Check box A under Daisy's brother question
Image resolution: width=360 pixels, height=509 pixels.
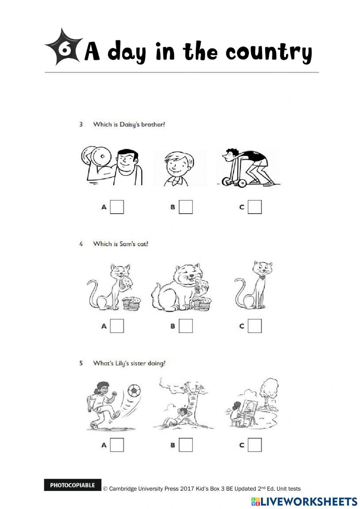coord(117,207)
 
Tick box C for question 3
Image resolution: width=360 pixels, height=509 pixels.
coord(255,207)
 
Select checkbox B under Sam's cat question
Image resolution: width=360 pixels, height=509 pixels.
coord(186,326)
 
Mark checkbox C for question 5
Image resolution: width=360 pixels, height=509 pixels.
coord(255,445)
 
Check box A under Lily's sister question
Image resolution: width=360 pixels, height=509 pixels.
coord(117,445)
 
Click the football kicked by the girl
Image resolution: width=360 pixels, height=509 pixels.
coord(134,390)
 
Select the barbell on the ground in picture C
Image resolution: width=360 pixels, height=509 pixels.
coord(235,182)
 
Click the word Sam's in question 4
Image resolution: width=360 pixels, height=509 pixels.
coord(127,244)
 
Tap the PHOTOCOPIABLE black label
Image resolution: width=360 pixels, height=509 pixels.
coord(72,485)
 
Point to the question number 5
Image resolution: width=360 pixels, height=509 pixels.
coord(81,363)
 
